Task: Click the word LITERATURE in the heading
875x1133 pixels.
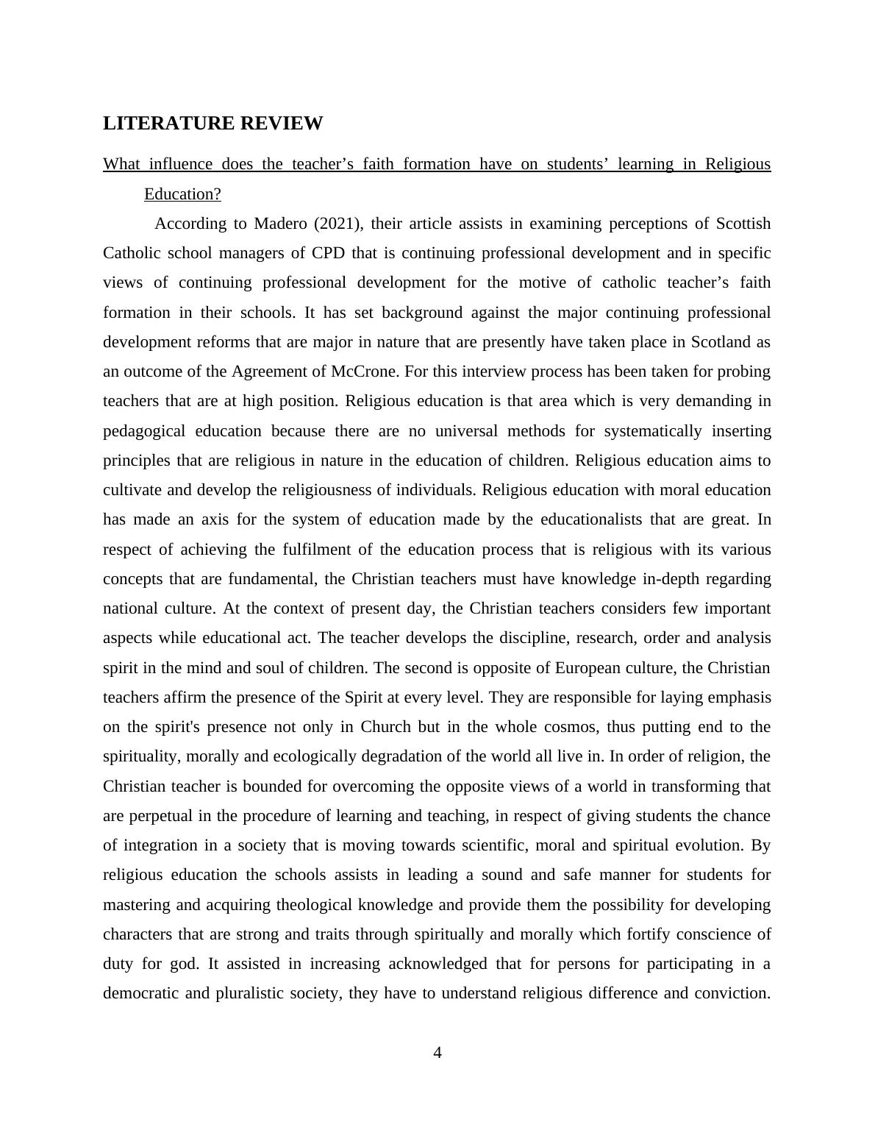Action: (x=158, y=124)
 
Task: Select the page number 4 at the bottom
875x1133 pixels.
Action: (x=438, y=1053)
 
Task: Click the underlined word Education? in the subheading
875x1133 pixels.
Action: (x=182, y=194)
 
